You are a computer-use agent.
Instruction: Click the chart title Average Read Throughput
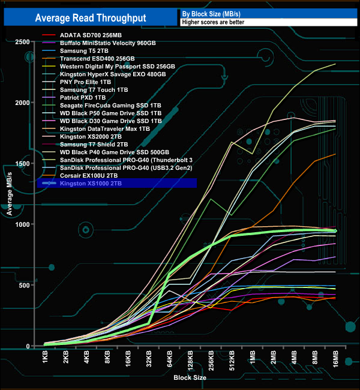91,18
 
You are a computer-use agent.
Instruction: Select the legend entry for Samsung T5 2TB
84,51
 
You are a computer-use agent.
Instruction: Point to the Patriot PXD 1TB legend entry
83,97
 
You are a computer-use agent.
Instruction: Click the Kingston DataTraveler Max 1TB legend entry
106,128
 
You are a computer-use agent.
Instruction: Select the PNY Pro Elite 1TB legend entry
86,82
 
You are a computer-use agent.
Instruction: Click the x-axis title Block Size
190,379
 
